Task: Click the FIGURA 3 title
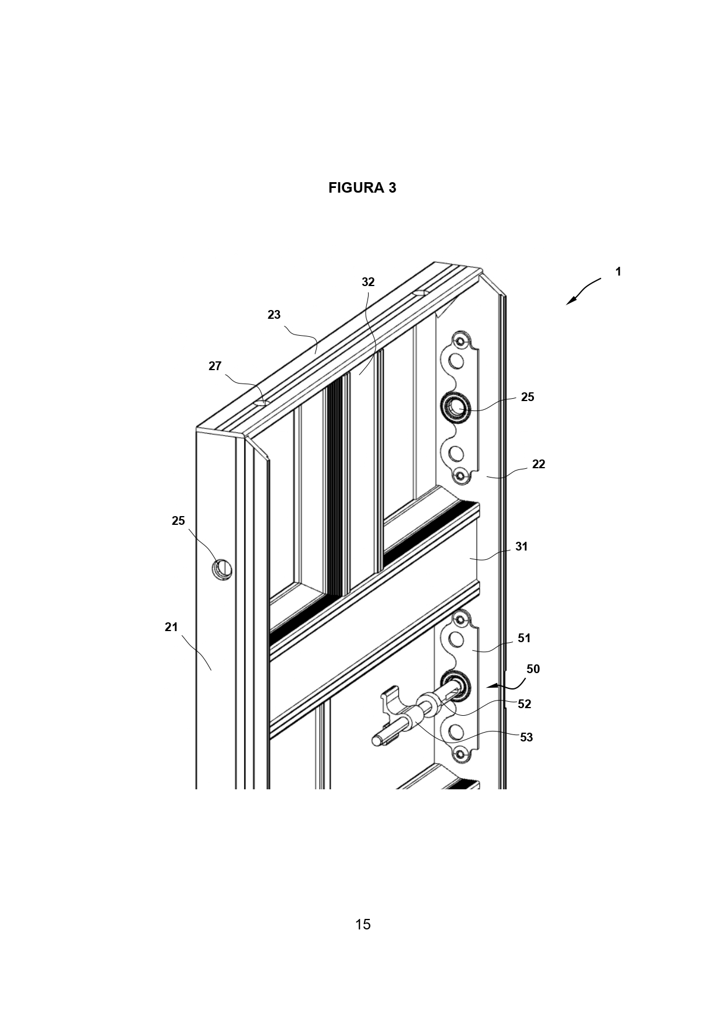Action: pyautogui.click(x=362, y=187)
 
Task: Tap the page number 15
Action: pyautogui.click(x=363, y=924)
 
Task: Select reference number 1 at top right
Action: pyautogui.click(x=618, y=271)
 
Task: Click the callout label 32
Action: pyautogui.click(x=368, y=282)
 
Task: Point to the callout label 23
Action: pyautogui.click(x=274, y=315)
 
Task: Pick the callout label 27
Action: pyautogui.click(x=215, y=366)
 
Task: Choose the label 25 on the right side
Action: pyautogui.click(x=528, y=397)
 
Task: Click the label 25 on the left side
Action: pyautogui.click(x=178, y=521)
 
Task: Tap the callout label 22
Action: pyautogui.click(x=539, y=464)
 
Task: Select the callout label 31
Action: pyautogui.click(x=522, y=546)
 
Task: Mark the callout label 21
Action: pyautogui.click(x=171, y=627)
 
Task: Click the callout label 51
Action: pyautogui.click(x=525, y=638)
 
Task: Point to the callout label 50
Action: pyautogui.click(x=533, y=669)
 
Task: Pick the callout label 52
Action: pyautogui.click(x=525, y=704)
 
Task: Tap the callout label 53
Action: pyautogui.click(x=526, y=737)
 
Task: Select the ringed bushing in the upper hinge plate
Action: pyautogui.click(x=456, y=406)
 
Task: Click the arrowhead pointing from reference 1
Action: pyautogui.click(x=570, y=300)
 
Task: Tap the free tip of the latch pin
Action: pyautogui.click(x=376, y=741)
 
